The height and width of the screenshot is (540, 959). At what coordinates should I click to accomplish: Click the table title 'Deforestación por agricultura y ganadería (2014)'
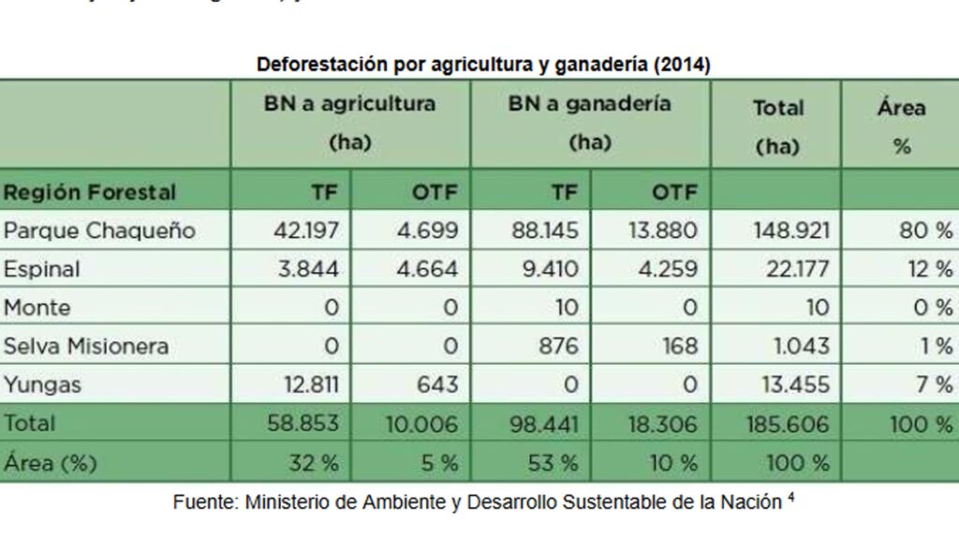coord(483,65)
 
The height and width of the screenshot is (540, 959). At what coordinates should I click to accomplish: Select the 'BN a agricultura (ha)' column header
coord(349,123)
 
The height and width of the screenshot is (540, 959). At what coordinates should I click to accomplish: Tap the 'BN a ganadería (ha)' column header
coord(589,123)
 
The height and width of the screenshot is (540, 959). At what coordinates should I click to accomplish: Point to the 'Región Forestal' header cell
coord(90,192)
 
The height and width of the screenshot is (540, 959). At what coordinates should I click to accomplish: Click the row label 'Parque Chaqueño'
coord(99,231)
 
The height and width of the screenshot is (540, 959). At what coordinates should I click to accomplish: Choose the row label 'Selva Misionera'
coord(86,346)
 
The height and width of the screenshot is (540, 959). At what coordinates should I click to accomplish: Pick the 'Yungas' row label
coord(42,384)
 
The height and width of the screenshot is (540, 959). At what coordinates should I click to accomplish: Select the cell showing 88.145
coord(545,231)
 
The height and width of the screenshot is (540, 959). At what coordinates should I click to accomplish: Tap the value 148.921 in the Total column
coord(790,231)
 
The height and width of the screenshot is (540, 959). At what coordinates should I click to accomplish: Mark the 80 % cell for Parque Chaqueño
coord(924,231)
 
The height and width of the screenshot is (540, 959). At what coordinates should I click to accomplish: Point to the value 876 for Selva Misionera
coord(558,346)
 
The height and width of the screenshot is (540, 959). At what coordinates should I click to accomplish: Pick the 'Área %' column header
coord(901,126)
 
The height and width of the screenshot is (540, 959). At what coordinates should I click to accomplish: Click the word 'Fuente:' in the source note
coord(204,502)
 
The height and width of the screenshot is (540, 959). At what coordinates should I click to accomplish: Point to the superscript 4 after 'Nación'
coord(791,497)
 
